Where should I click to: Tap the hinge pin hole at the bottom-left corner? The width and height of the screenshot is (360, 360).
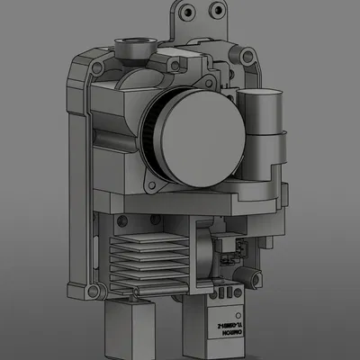pos(90,292)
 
